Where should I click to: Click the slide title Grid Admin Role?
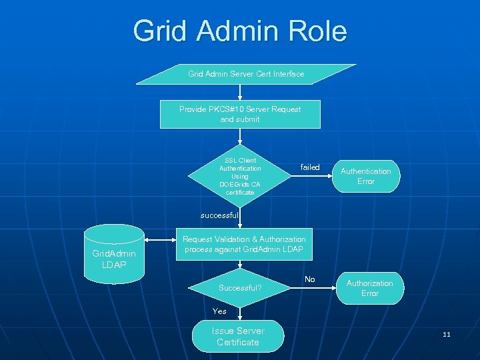coord(240,31)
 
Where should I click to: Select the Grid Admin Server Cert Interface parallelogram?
coord(246,74)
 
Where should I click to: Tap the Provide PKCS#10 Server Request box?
coord(240,114)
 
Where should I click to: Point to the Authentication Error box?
coord(365,176)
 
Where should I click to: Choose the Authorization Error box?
coord(369,288)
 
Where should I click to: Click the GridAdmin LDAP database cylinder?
coord(114,254)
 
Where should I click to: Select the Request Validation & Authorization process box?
coord(244,244)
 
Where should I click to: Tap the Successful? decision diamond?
coord(240,288)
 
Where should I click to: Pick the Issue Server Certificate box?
coord(237,336)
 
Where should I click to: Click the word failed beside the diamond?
coord(310,167)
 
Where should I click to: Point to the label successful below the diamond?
coord(219,215)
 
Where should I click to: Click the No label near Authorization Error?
coord(309,279)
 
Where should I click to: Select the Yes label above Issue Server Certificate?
coord(219,311)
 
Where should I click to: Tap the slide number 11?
coord(446,334)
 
